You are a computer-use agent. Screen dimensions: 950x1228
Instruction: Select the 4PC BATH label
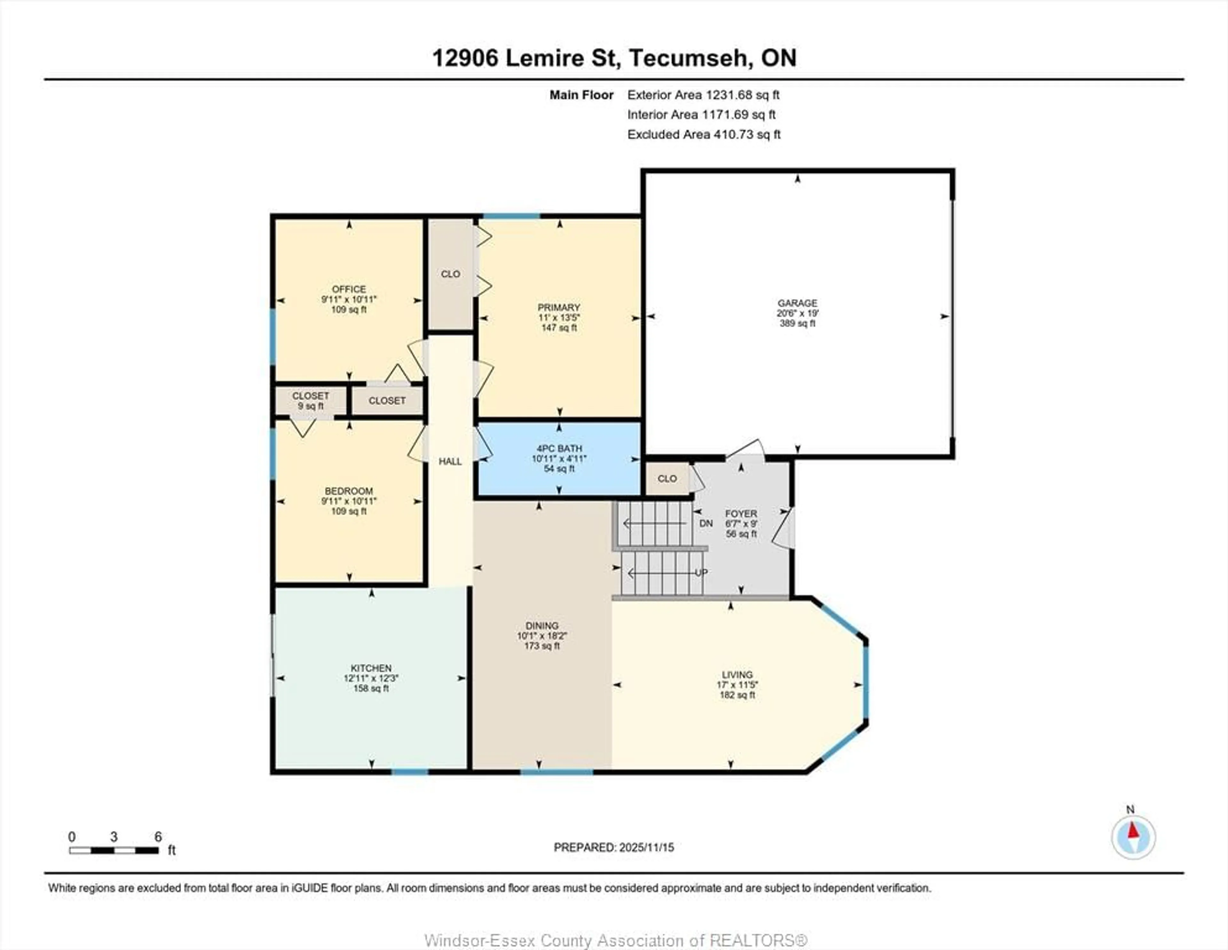coord(559,449)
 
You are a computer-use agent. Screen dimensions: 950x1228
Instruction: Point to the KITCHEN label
coord(371,668)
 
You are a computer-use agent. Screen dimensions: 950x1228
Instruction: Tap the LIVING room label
coord(737,674)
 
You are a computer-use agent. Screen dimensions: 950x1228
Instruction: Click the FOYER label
coord(741,513)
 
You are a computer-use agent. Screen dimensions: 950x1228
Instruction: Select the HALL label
coord(450,461)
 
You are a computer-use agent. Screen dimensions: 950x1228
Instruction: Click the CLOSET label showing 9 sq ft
coord(311,400)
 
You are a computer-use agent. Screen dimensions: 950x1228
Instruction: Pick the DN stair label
coord(706,523)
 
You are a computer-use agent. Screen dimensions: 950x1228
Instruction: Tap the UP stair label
coord(701,573)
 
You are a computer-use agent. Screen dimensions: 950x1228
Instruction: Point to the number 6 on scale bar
coord(158,836)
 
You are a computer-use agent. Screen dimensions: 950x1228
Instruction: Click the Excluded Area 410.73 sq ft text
coord(704,134)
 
